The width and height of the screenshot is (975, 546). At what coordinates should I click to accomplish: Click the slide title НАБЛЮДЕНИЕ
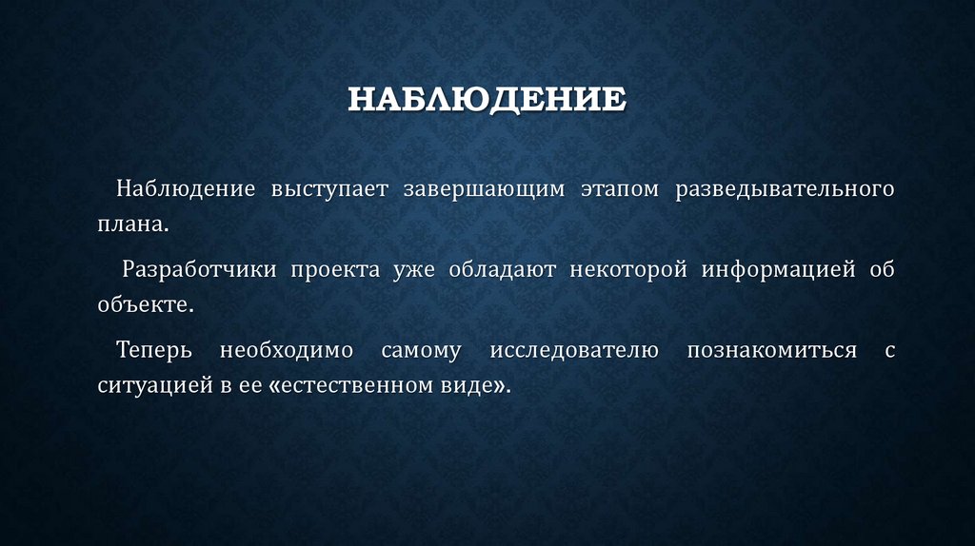click(486, 100)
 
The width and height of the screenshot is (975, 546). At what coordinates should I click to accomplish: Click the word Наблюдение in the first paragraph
click(172, 187)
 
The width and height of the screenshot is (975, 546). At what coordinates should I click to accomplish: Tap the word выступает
click(315, 187)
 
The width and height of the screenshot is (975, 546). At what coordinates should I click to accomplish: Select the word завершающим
click(484, 187)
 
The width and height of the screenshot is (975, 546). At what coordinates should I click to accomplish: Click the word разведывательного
click(786, 187)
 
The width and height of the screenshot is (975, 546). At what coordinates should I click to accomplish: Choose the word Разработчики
click(199, 268)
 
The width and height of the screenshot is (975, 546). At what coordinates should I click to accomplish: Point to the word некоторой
click(628, 268)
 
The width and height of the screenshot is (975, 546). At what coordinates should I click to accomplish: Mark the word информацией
click(779, 268)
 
